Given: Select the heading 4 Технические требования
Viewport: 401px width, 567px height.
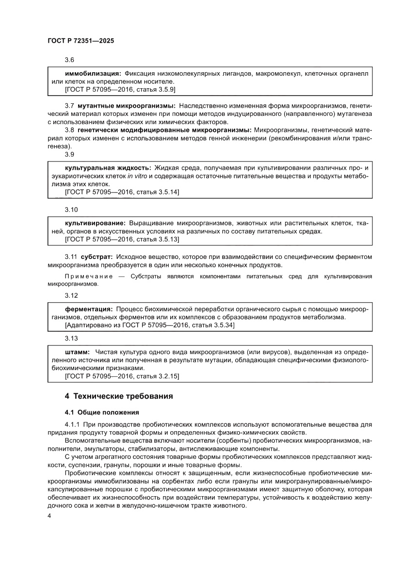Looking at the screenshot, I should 119,396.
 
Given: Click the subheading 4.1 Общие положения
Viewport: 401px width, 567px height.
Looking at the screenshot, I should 102,412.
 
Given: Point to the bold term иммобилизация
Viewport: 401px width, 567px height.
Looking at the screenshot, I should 93,73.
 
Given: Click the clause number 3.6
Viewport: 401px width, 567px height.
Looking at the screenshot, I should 69,60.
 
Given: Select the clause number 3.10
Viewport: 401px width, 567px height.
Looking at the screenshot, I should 71,210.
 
